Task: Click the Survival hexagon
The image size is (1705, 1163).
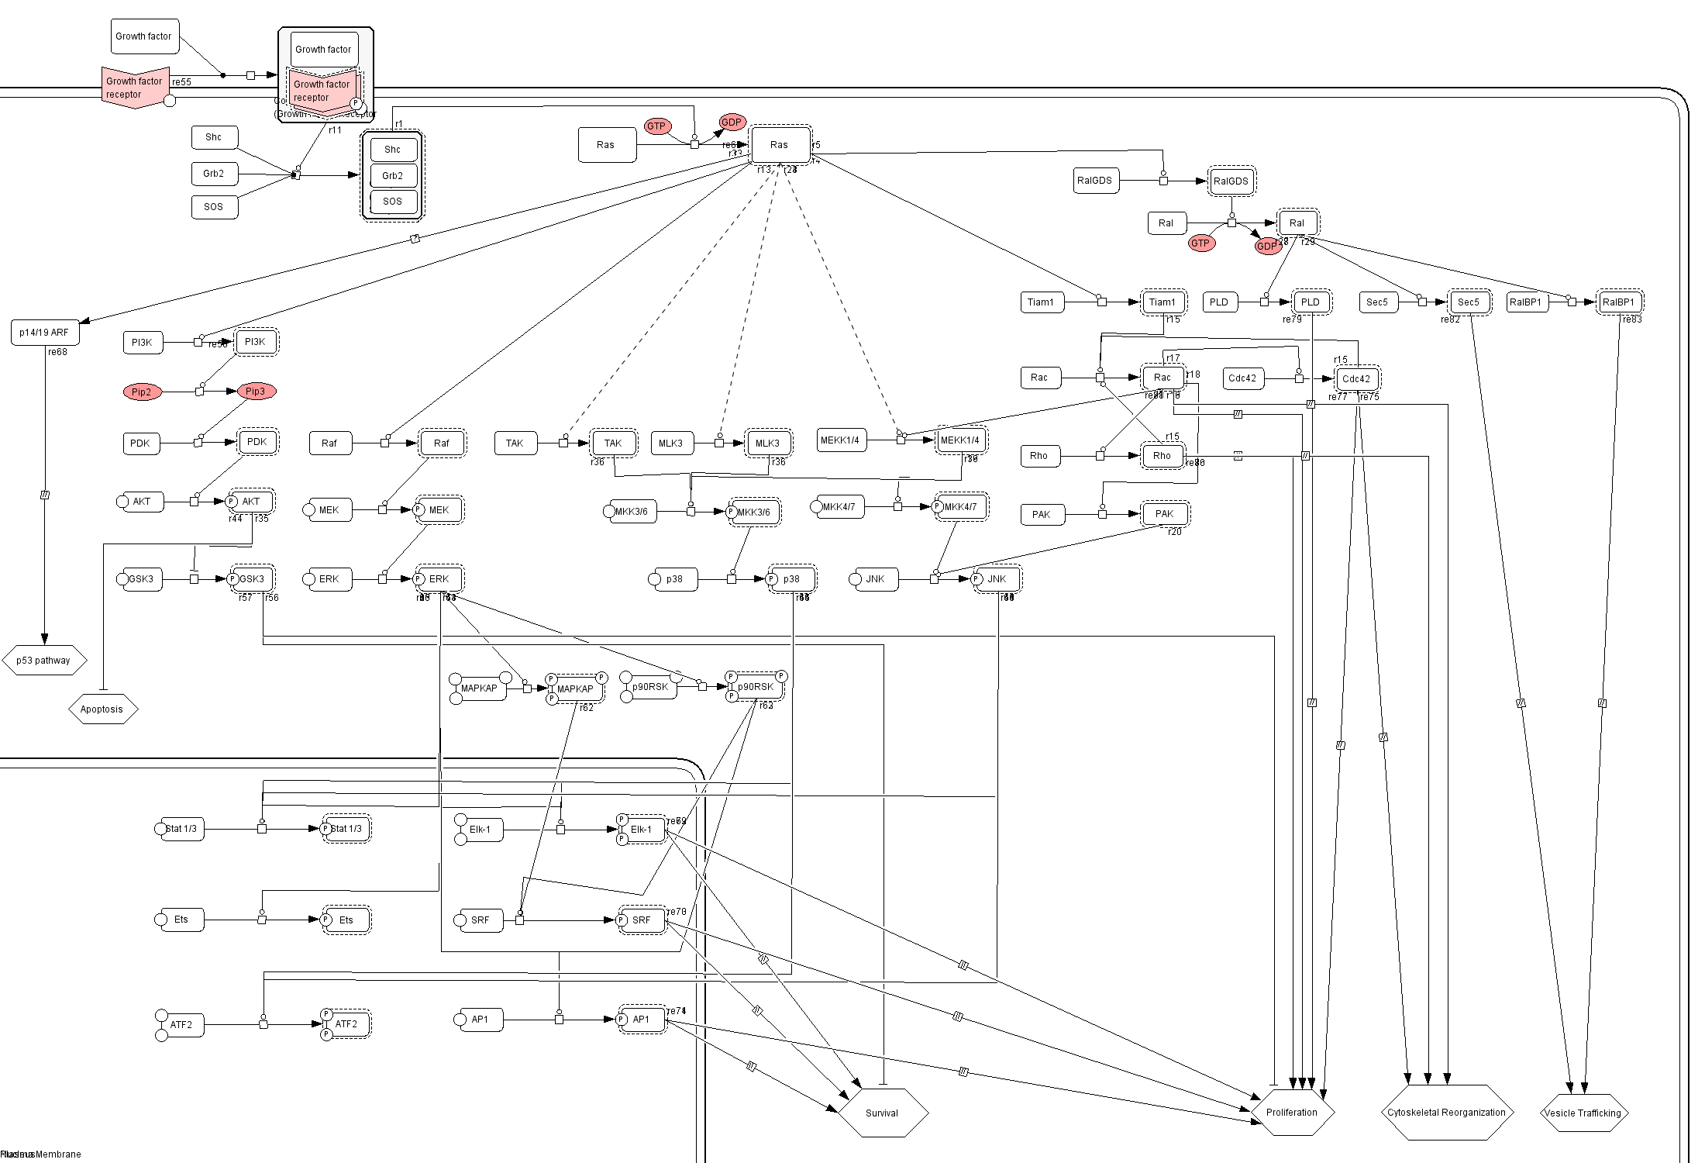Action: pos(882,1113)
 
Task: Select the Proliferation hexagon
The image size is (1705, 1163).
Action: pos(1292,1112)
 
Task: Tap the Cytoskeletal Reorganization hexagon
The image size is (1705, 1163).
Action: pos(1446,1112)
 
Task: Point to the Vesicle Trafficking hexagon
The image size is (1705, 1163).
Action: pos(1583,1113)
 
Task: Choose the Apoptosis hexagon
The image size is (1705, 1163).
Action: pos(102,709)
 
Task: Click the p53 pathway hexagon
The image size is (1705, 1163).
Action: pos(43,661)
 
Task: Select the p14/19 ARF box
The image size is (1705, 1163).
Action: pos(44,333)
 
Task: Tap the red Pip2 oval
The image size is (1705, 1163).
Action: pos(142,392)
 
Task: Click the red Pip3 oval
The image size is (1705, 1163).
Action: pos(256,392)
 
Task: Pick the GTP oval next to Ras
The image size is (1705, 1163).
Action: pos(656,126)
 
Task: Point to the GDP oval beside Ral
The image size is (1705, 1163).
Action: pos(1266,246)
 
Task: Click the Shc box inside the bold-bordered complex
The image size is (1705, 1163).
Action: pos(393,150)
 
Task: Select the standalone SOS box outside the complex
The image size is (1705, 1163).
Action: pos(214,207)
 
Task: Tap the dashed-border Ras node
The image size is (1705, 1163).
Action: pos(780,144)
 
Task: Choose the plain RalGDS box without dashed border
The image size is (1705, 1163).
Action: pos(1094,181)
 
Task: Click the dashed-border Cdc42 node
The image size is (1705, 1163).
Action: pos(1356,379)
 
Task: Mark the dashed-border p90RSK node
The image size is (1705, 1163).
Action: pos(755,687)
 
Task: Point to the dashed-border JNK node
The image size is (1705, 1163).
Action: pos(997,579)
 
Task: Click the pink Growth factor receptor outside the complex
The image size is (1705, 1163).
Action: pos(133,88)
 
